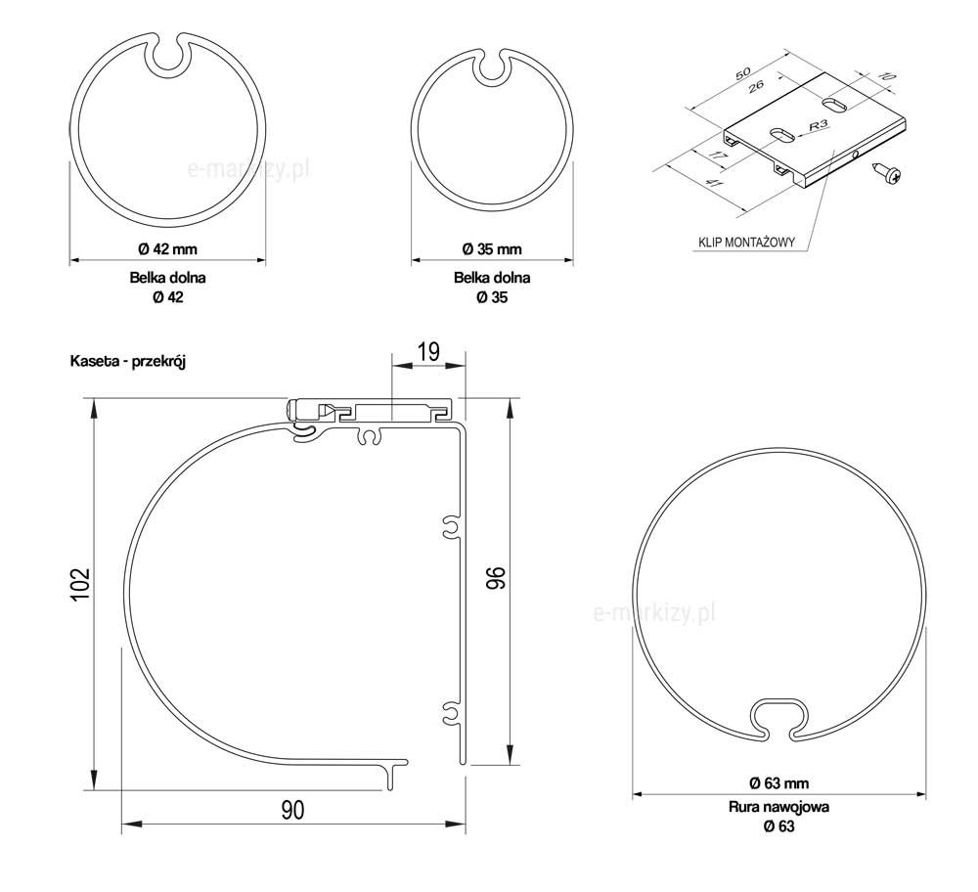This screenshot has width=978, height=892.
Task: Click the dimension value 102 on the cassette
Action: pos(80,585)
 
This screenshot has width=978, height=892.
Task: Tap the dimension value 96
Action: pos(497,578)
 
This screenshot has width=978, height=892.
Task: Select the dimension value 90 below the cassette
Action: pos(292,810)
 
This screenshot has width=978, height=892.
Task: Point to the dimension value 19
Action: pos(428,352)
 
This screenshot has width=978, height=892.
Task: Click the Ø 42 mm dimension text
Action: pos(168,248)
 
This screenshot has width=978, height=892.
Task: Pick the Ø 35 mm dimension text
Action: pos(492,248)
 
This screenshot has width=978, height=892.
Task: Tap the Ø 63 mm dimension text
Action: pos(779,782)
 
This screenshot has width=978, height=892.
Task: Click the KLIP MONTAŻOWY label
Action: pos(746,243)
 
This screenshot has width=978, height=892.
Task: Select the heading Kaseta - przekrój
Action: pos(128,361)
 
